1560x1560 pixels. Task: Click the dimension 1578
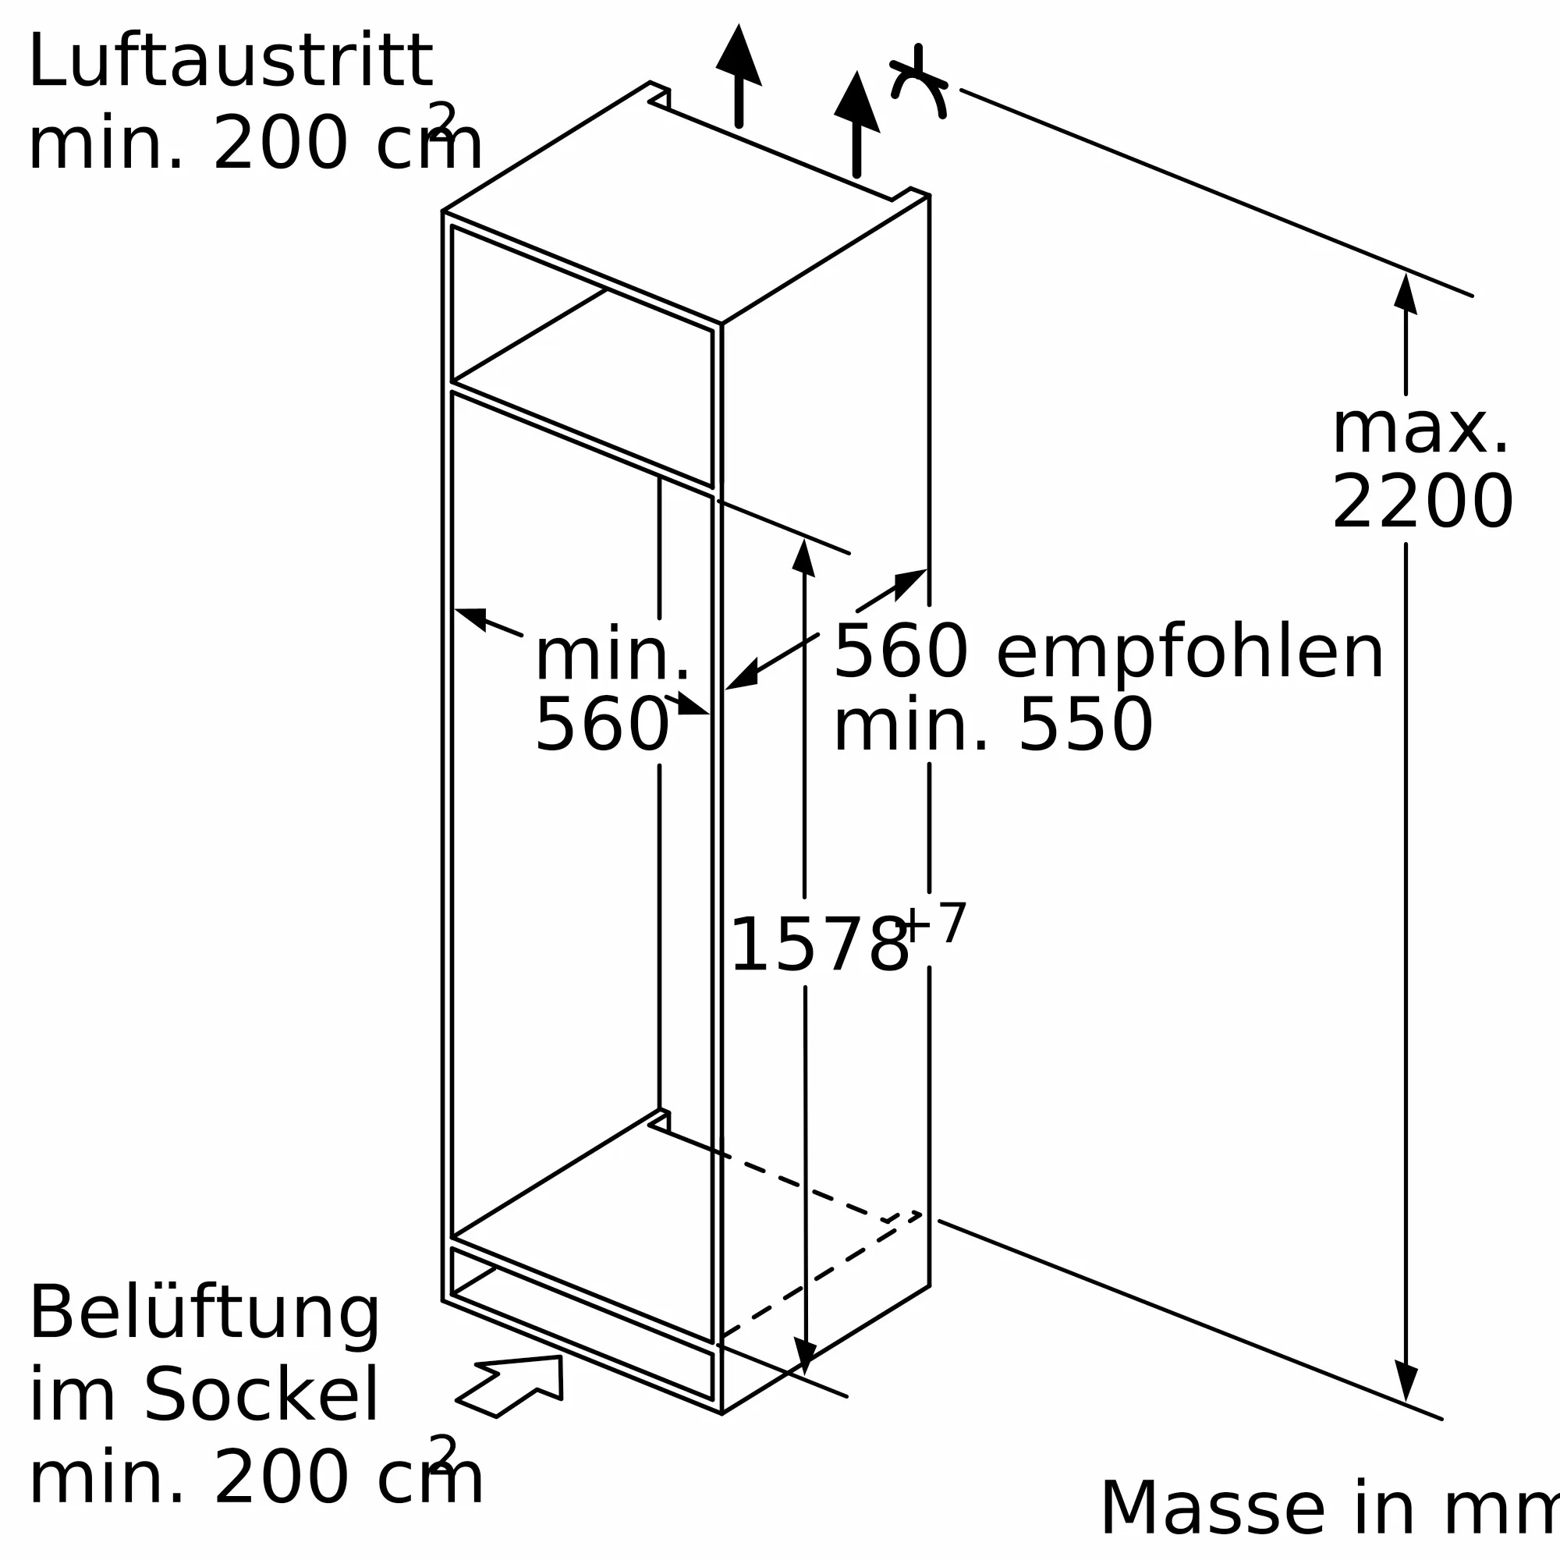pyautogui.click(x=818, y=945)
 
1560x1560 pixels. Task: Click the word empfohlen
pyautogui.click(x=1190, y=652)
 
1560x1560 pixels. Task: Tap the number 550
pyautogui.click(x=1086, y=725)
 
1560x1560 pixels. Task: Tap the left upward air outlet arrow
pyautogui.click(x=739, y=74)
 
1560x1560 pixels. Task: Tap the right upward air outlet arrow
pyautogui.click(x=856, y=122)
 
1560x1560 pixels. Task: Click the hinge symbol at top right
pyautogui.click(x=919, y=81)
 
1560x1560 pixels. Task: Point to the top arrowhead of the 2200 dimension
pyautogui.click(x=1406, y=294)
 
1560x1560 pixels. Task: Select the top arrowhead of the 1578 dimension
pyautogui.click(x=803, y=558)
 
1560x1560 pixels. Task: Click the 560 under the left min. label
pyautogui.click(x=601, y=725)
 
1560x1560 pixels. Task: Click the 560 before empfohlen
pyautogui.click(x=900, y=652)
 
